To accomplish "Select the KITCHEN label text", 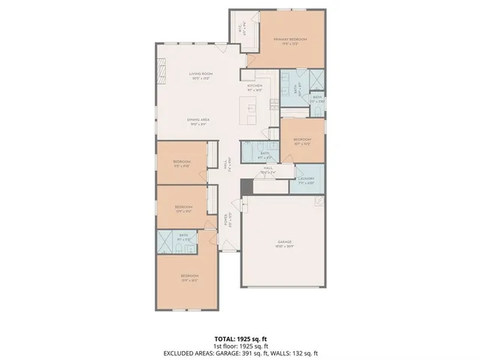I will [x=255, y=87].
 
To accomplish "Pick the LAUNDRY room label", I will [x=305, y=182].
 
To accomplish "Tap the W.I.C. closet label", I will [x=240, y=28].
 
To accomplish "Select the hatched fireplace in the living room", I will [x=160, y=72].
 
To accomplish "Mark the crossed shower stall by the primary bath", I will [x=316, y=80].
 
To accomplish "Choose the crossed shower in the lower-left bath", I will [x=165, y=242].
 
